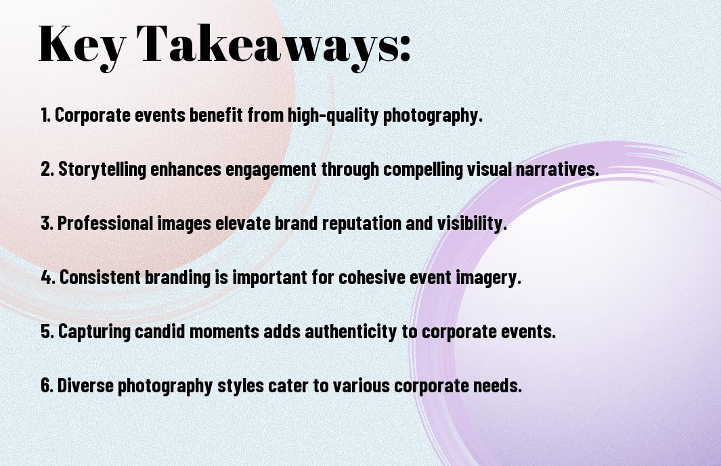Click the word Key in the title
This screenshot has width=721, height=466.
[x=81, y=45]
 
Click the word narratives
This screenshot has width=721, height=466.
[x=557, y=169]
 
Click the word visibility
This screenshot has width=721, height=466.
[x=472, y=223]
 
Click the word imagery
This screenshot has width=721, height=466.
[x=488, y=278]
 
